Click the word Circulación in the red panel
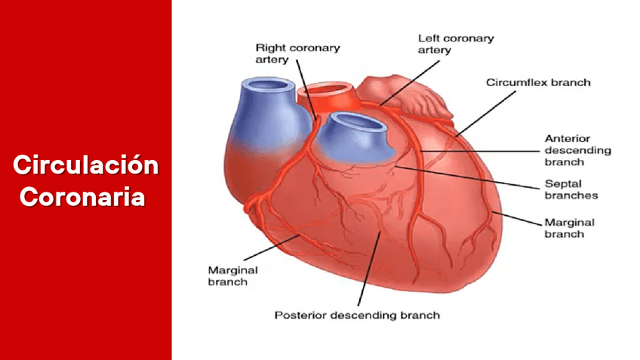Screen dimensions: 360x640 (85, 165)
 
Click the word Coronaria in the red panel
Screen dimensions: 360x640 (82, 197)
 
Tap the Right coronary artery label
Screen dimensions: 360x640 (297, 53)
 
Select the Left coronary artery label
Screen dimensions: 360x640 (455, 44)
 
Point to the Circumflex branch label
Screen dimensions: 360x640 (537, 82)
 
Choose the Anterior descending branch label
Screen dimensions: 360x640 (577, 149)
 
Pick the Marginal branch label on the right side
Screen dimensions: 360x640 (568, 228)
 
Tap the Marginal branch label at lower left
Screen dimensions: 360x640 (232, 275)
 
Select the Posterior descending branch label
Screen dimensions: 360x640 (356, 315)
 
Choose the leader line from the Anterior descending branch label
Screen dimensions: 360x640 (483, 150)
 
